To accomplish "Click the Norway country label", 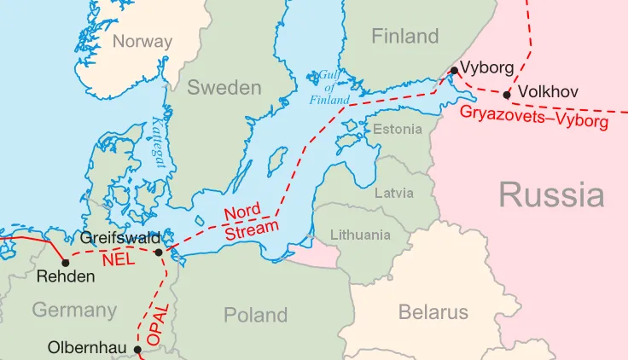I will click(142, 41).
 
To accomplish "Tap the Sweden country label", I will click(224, 88).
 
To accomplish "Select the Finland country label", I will click(404, 36).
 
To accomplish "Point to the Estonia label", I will click(397, 129).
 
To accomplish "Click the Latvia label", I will click(394, 193).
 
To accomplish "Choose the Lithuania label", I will click(359, 235).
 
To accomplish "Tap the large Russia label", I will click(551, 195).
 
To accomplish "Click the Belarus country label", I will click(433, 312).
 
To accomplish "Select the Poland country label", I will click(255, 315).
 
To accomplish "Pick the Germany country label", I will click(74, 310).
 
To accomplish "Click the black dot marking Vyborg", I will click(455, 70).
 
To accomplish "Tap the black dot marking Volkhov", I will click(507, 95).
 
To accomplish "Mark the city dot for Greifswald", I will click(159, 252).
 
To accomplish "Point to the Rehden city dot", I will click(65, 262).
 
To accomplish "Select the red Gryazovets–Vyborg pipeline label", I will click(533, 117).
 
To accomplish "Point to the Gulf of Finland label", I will click(329, 88).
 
